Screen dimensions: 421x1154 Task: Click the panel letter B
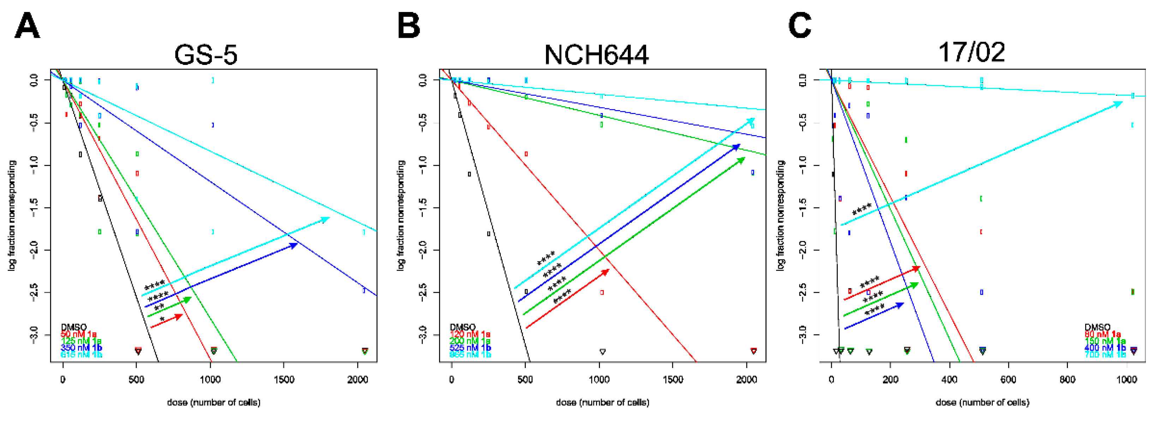(x=409, y=26)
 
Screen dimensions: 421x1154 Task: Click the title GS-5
(x=206, y=55)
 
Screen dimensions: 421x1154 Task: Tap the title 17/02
(x=971, y=52)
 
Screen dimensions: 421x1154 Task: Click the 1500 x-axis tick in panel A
(x=284, y=380)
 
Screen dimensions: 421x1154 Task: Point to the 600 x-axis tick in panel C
(x=1008, y=380)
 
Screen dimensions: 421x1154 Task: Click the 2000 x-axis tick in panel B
(x=746, y=380)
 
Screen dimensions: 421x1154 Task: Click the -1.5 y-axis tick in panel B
(x=422, y=208)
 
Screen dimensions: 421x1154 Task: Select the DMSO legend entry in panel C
(x=1097, y=327)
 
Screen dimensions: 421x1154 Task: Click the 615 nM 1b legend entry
(x=82, y=355)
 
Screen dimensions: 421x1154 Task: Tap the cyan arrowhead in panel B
(x=750, y=121)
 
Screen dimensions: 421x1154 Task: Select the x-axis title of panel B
(x=602, y=403)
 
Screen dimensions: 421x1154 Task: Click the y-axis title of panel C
(x=780, y=215)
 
